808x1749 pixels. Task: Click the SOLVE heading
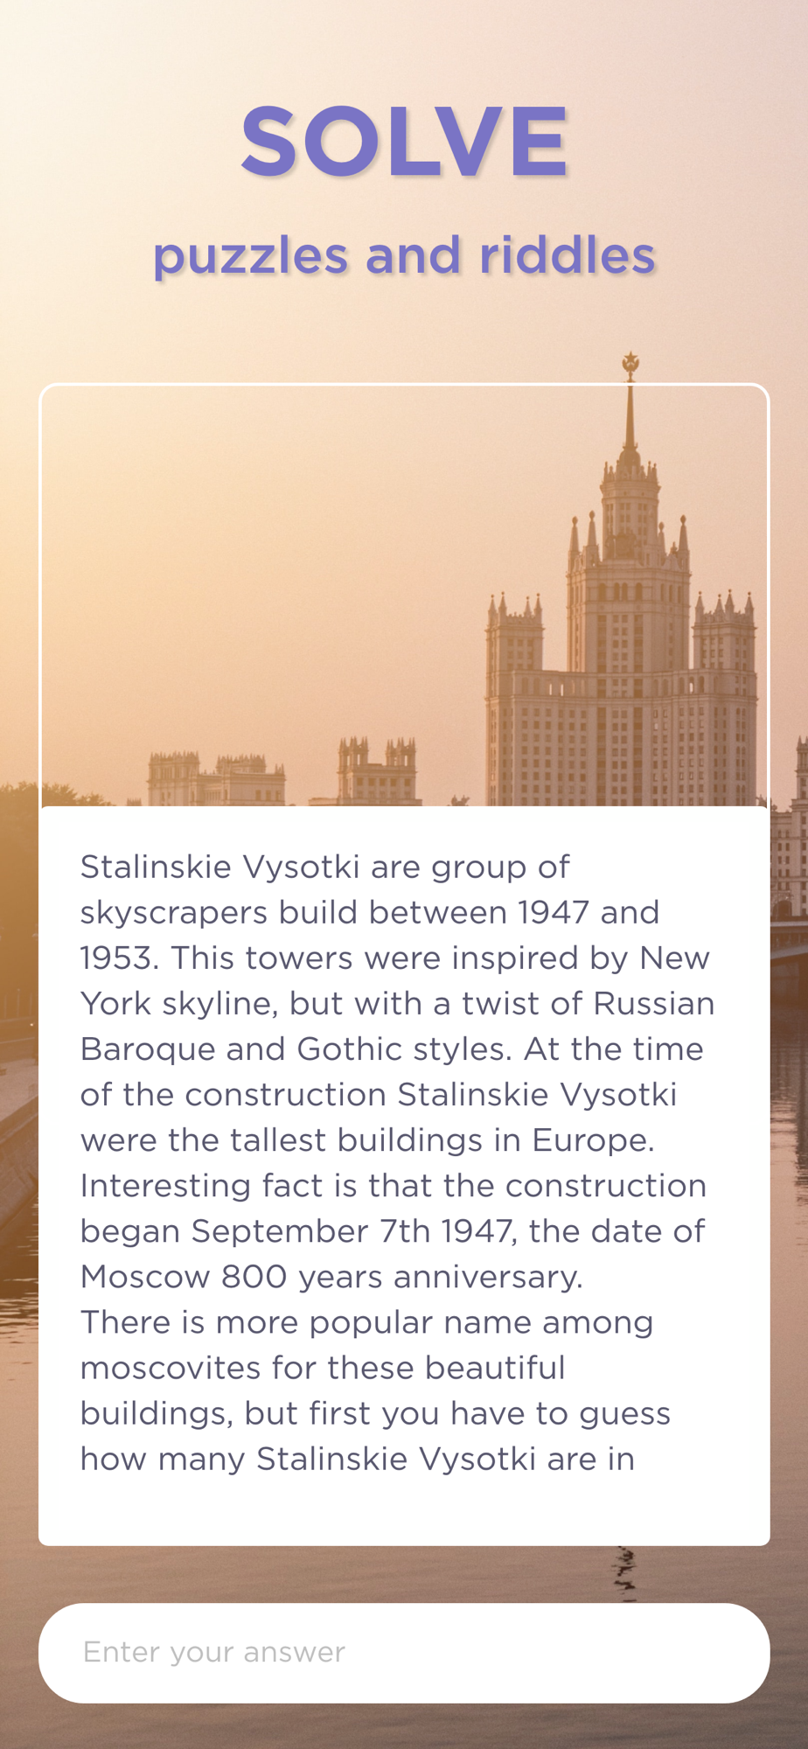(x=404, y=141)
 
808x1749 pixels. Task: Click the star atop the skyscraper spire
(x=630, y=363)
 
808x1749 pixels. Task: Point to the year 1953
(x=120, y=958)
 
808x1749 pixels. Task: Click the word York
(x=116, y=1003)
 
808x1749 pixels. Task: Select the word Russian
(x=654, y=1003)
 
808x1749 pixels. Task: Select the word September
(x=280, y=1232)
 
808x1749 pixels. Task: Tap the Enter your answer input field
(x=404, y=1653)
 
